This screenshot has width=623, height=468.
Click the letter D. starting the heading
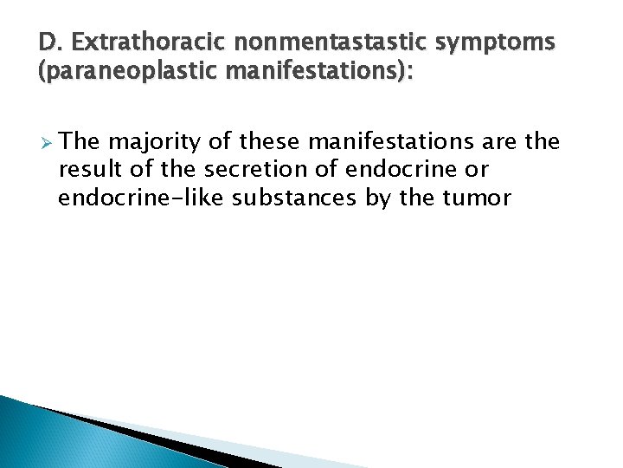(x=49, y=42)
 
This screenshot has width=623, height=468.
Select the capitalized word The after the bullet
(x=82, y=141)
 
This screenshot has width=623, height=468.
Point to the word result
(x=88, y=169)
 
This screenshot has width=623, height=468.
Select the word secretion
(x=260, y=169)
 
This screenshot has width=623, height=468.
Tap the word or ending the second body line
(x=463, y=169)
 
